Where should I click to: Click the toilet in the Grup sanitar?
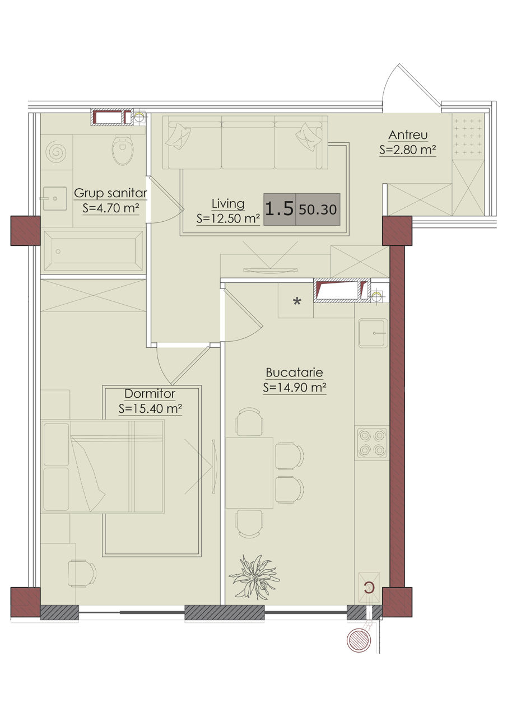tap(122, 150)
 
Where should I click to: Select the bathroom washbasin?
tap(54, 198)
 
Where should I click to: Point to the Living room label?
tap(228, 203)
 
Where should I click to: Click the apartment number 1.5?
tap(280, 209)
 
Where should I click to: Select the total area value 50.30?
tap(318, 209)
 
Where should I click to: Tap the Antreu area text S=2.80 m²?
tap(408, 150)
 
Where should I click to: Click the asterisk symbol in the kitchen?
tap(297, 301)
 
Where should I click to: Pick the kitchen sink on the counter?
tap(373, 333)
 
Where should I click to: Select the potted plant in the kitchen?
tap(254, 577)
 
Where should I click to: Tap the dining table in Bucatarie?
tap(249, 473)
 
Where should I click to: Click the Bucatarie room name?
tap(295, 373)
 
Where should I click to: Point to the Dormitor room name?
tap(150, 393)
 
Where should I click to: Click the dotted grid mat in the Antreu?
tap(468, 137)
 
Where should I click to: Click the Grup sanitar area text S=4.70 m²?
tap(111, 208)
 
